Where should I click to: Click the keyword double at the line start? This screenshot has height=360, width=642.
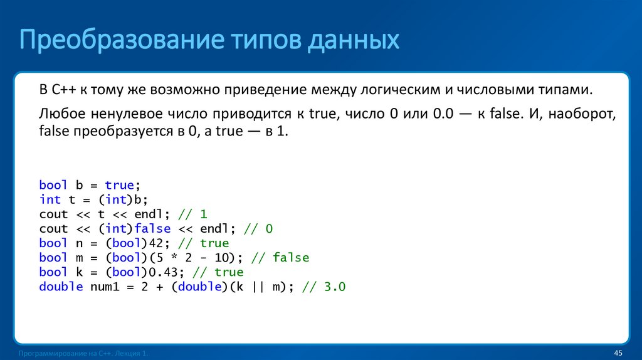(x=61, y=287)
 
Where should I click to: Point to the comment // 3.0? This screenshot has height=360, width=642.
(x=324, y=287)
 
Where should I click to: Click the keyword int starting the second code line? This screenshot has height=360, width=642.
(x=50, y=199)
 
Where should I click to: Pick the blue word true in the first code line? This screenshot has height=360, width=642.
(x=119, y=185)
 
